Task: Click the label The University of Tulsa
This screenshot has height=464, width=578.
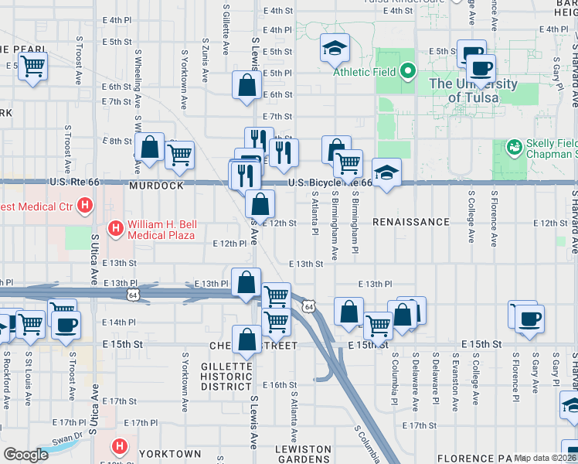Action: pos(473,90)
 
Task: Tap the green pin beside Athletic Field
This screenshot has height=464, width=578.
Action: pos(409,73)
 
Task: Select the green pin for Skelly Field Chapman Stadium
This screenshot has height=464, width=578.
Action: pos(513,146)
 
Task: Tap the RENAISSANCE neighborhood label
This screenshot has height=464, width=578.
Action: pos(410,222)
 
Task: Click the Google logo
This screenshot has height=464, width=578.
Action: pos(25,454)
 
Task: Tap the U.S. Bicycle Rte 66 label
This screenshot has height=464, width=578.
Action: pos(330,183)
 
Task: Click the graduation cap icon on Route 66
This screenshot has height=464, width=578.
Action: pos(386,172)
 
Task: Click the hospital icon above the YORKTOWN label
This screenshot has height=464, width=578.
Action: pos(120,446)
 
